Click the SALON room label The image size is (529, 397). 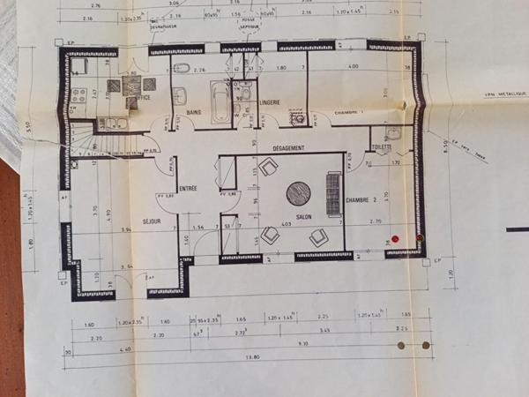point(304,216)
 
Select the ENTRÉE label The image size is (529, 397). point(189,188)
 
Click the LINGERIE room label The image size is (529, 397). point(270,102)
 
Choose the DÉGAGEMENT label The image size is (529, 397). point(288,148)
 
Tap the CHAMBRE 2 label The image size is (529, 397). point(361,200)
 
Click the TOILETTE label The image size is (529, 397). point(381,147)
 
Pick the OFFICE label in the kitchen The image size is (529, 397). point(139,98)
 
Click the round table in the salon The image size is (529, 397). point(298,191)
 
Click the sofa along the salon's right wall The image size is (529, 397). point(333,193)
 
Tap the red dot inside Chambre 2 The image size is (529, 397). point(394,238)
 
